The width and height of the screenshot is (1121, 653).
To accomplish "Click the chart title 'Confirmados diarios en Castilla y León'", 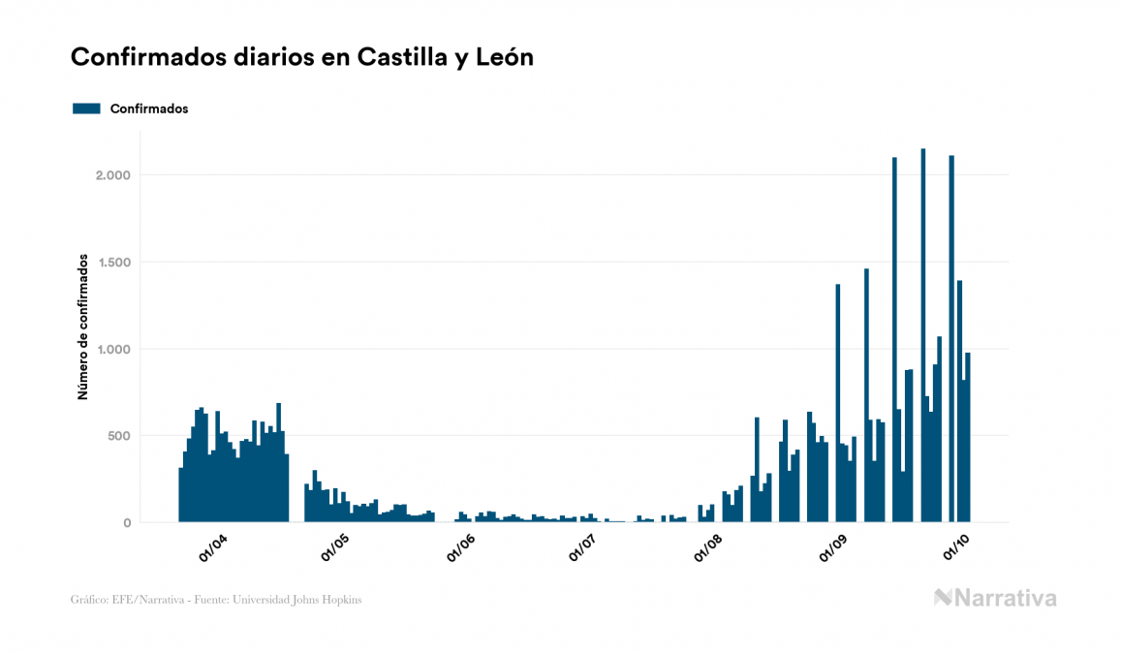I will (301, 58).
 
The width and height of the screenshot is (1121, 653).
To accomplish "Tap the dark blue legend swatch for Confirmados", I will (86, 109).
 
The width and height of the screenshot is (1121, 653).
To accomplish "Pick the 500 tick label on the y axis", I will (117, 436).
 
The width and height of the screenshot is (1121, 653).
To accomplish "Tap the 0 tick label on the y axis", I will (126, 523).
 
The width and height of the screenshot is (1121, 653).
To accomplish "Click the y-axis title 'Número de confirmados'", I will (83, 327).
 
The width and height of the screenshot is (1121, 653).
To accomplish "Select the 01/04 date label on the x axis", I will (212, 548).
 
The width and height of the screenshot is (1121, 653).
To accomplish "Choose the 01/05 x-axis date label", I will (336, 548).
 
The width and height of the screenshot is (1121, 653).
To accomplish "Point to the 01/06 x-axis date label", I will (460, 548).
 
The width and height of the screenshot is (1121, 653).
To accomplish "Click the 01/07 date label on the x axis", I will (584, 548).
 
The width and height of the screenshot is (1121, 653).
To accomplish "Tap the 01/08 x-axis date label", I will (708, 548).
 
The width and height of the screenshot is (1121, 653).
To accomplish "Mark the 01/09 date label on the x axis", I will (832, 548).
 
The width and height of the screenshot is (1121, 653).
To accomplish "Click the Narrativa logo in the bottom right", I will (995, 598).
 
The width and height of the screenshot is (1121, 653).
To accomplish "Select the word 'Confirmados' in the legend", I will (149, 109).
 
